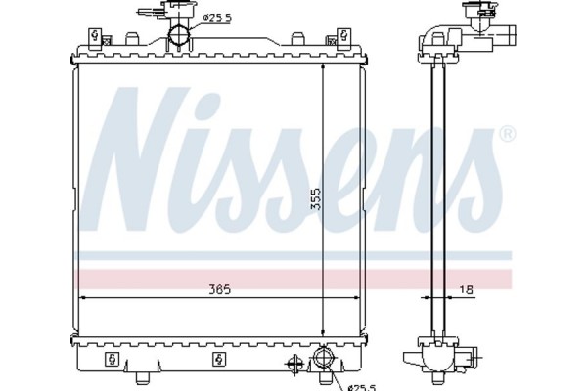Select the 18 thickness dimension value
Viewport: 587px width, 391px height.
(x=467, y=289)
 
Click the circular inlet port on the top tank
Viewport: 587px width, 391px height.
(x=180, y=38)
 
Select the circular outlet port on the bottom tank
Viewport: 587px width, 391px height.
(x=322, y=366)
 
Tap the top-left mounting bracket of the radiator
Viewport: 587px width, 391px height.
(x=95, y=37)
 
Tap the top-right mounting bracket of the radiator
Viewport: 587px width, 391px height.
(x=343, y=37)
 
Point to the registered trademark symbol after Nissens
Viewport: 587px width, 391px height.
(x=506, y=133)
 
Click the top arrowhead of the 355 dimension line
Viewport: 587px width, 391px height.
(x=322, y=69)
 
